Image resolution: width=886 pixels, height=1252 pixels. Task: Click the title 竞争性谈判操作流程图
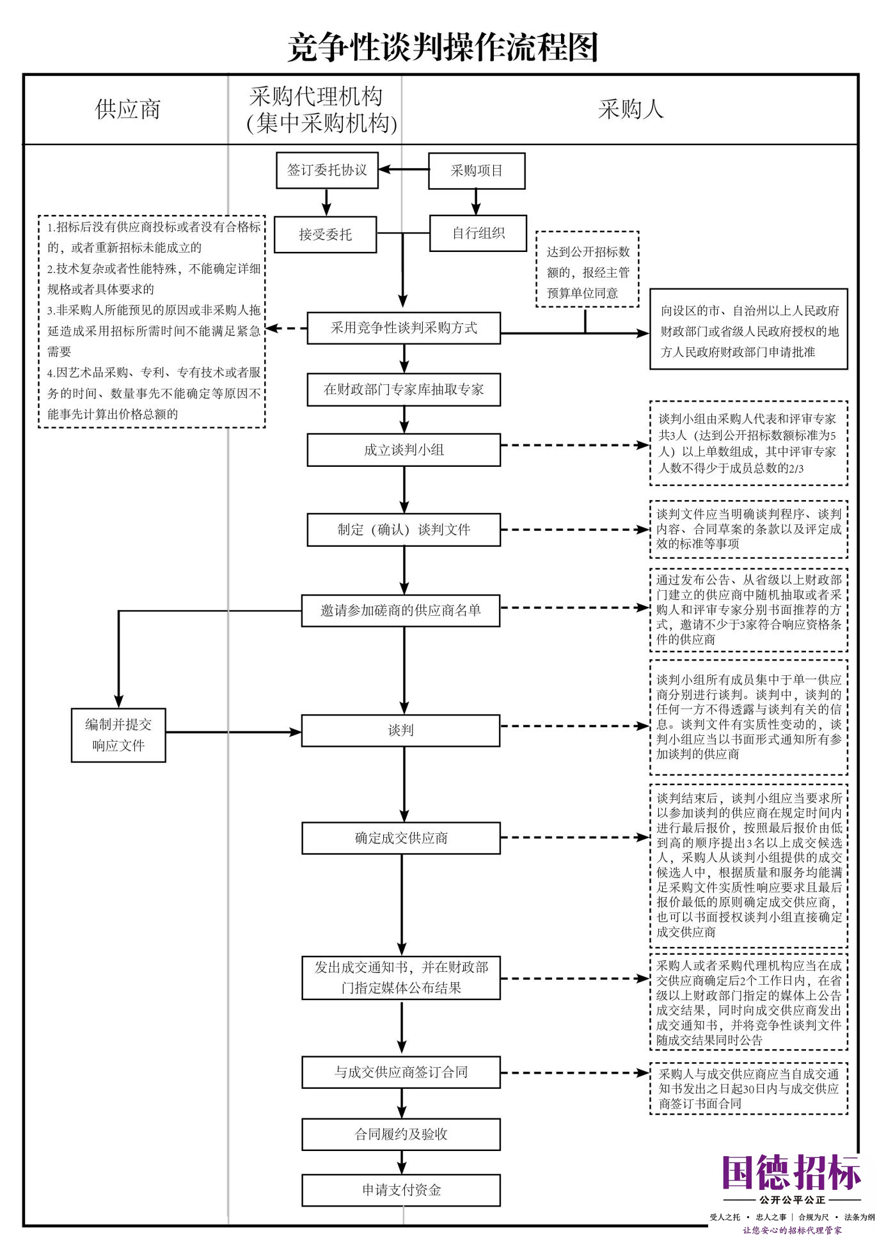pos(443,47)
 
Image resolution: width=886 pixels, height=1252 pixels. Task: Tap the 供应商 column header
pos(127,109)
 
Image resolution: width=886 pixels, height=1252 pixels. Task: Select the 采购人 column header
pos(631,109)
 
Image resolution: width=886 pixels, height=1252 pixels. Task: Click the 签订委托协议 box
pos(327,170)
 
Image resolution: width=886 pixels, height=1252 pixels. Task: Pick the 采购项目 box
pos(477,171)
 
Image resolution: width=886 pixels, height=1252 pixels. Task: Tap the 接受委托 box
pos(325,235)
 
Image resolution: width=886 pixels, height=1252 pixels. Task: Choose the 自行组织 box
pos(479,233)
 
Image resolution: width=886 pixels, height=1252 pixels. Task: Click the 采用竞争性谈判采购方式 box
pos(404,328)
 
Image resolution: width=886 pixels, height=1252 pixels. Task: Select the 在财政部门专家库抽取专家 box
pos(404,389)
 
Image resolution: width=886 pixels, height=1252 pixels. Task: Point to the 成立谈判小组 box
pos(404,450)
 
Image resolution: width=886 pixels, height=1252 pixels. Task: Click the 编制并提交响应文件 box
pos(118,735)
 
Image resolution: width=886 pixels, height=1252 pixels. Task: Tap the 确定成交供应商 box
pos(401,838)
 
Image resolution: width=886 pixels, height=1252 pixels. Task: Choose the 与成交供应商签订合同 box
pos(401,1072)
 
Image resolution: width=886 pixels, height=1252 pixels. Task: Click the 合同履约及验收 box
pos(401,1134)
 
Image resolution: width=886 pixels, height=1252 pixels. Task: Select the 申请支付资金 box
pos(401,1190)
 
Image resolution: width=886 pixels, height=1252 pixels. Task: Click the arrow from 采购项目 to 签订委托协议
pos(404,170)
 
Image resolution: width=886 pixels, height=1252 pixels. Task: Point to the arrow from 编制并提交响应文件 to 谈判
pos(233,732)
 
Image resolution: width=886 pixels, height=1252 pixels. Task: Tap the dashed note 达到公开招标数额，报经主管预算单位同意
pos(587,269)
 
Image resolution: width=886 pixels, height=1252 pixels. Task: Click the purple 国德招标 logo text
pos(792,1173)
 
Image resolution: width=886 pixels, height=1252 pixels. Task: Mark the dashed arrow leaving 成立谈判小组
pos(575,445)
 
